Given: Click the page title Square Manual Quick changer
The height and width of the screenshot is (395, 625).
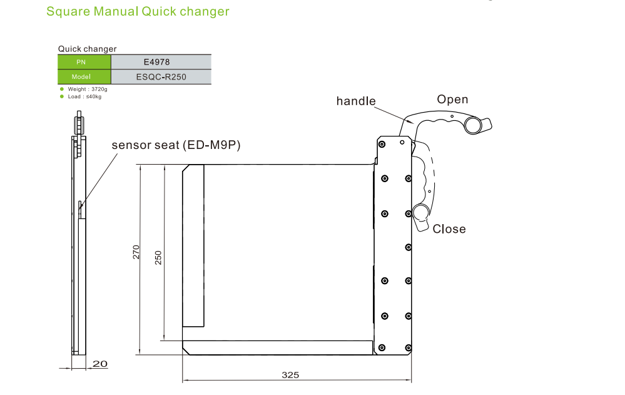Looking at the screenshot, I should [138, 12].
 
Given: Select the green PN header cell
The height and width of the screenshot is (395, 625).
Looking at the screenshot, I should [84, 61].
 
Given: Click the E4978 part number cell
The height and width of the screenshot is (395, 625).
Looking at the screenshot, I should [161, 61].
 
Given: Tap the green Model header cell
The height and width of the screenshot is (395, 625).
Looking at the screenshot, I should [84, 76].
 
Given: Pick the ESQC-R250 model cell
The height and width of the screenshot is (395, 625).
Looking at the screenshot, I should [161, 76].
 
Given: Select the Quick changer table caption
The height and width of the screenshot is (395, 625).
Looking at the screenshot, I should [87, 49].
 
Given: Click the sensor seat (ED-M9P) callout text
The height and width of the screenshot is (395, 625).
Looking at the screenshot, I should [176, 145].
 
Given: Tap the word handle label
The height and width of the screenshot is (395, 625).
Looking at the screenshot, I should [356, 101].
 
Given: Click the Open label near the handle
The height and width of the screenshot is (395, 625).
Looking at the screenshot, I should [452, 100].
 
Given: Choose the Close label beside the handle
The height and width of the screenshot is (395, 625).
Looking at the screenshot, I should [449, 229].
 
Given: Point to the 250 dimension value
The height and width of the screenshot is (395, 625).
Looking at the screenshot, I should [158, 257].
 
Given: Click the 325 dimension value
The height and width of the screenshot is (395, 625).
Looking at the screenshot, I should [290, 375].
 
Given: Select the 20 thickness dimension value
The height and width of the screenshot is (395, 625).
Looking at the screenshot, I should [100, 364].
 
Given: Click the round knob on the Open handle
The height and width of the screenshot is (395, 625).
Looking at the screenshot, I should [474, 126].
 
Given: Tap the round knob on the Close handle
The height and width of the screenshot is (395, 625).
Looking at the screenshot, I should [420, 212].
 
